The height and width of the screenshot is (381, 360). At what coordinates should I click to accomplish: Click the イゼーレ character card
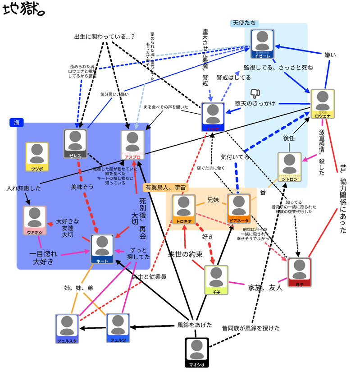263,45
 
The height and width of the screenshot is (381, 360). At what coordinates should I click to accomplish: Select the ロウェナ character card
323,104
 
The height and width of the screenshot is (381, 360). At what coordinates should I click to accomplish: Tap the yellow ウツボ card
37,157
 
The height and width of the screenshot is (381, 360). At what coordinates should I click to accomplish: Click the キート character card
103,249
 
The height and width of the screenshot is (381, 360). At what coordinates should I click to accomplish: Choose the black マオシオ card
197,352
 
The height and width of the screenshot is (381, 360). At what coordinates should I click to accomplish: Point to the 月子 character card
300,273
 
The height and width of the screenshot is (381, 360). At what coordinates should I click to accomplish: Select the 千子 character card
216,280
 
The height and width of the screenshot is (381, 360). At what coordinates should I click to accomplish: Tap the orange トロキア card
183,209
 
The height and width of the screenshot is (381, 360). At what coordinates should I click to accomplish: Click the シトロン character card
289,167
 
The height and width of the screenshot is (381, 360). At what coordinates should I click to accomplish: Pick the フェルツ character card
118,328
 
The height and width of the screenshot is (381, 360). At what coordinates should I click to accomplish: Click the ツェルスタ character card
67,329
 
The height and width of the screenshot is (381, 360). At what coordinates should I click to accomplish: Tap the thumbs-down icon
255,94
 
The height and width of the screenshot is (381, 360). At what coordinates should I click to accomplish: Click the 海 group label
17,122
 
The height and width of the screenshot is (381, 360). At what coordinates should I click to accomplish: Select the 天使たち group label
245,23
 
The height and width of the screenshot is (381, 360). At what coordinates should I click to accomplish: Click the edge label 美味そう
82,186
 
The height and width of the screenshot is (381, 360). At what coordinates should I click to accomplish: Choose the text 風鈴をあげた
194,325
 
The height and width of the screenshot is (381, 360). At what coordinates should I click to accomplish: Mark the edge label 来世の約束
185,253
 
